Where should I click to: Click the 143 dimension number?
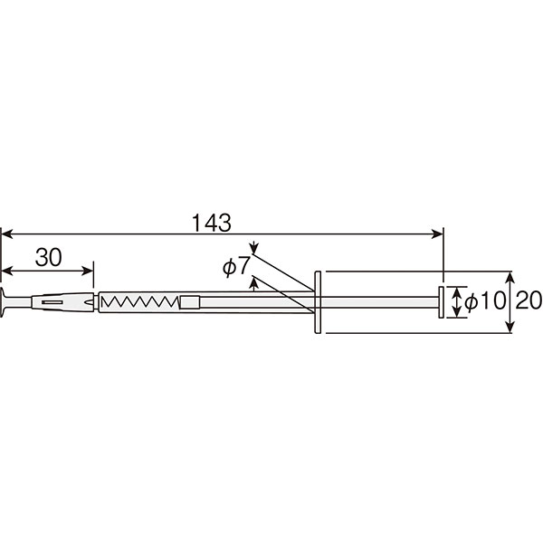tap(211, 223)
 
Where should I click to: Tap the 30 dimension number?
tap(49, 257)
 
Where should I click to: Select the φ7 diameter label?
tap(236, 266)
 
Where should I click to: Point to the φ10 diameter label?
tap(485, 300)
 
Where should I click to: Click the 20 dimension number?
tap(529, 300)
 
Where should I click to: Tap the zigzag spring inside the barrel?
tap(140, 301)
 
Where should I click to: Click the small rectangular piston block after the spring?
tap(190, 302)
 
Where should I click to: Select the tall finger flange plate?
tap(318, 302)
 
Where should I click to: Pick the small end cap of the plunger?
tap(442, 302)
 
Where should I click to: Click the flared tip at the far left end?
tap(3, 302)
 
